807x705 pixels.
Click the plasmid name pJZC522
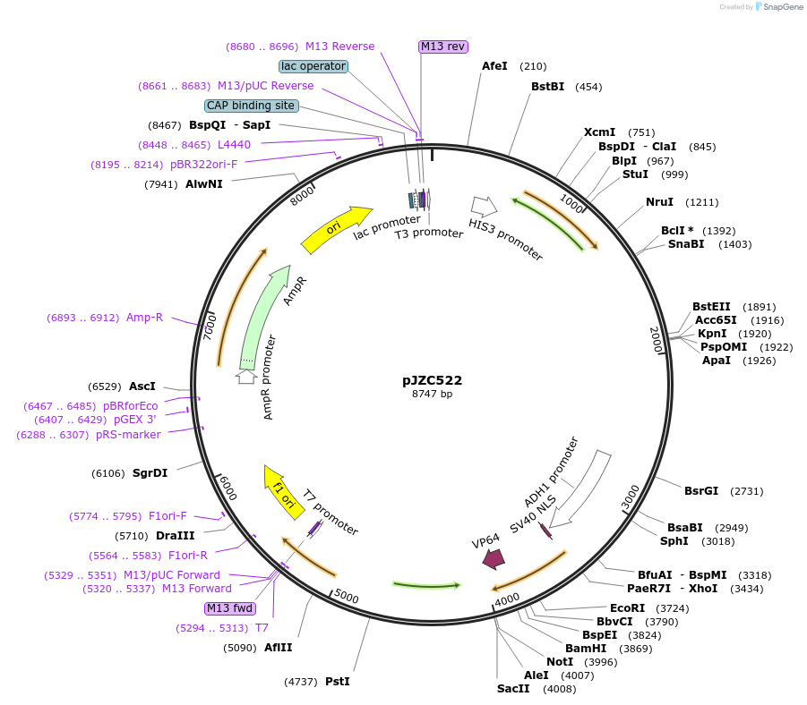point(432,380)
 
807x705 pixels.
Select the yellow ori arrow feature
point(336,230)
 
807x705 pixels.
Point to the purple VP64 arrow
point(494,558)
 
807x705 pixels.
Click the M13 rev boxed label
point(443,47)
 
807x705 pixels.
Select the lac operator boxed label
point(313,66)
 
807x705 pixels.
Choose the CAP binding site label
point(251,106)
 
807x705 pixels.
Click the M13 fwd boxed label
point(229,608)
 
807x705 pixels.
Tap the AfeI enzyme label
point(494,66)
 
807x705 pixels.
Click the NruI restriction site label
point(659,202)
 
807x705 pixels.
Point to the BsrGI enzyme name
point(701,491)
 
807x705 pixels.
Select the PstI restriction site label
point(337,682)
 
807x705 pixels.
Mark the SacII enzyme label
point(513,689)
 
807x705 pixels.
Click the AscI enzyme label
point(142,386)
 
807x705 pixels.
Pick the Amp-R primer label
point(144,318)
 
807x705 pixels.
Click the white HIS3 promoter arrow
point(485,207)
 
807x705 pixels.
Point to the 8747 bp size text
point(432,394)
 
